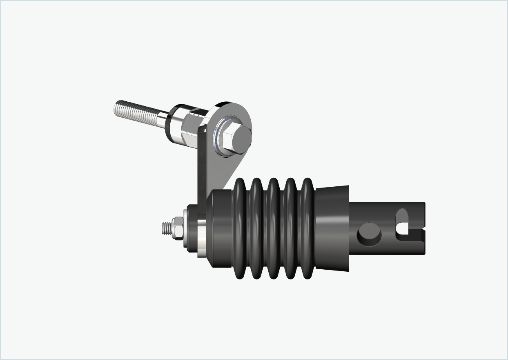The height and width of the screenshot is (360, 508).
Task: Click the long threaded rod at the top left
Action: (x=135, y=112)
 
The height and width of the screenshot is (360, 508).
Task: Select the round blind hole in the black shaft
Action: (x=369, y=234)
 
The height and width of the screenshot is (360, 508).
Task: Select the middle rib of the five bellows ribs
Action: (x=274, y=229)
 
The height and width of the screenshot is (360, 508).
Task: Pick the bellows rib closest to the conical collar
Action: (x=307, y=229)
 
